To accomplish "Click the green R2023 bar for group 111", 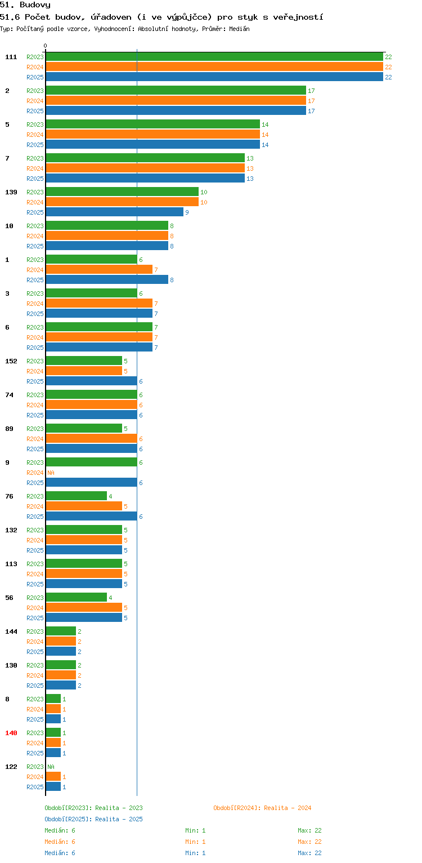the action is [214, 57].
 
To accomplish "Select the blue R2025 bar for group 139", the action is [115, 212].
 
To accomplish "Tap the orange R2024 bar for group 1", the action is [99, 270].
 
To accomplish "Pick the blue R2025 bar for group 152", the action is [92, 381].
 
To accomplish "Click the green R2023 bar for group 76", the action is [77, 496].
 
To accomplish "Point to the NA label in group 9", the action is [51, 473].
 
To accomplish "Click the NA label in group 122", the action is [51, 767].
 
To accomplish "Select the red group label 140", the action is [11, 733].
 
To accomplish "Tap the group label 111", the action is [11, 57].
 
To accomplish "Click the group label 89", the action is [9, 429].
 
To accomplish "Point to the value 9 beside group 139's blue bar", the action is [187, 212].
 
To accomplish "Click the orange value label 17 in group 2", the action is [311, 101].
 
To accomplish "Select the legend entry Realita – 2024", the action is [262, 808].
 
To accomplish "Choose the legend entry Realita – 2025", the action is [93, 819].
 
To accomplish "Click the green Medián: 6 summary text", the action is [60, 830].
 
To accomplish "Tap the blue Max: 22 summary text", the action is [309, 853].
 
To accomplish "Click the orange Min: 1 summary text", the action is [195, 842].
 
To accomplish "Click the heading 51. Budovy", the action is [25, 5].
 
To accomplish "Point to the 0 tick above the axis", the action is [46, 46].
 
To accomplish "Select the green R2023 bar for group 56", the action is [77, 597].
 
